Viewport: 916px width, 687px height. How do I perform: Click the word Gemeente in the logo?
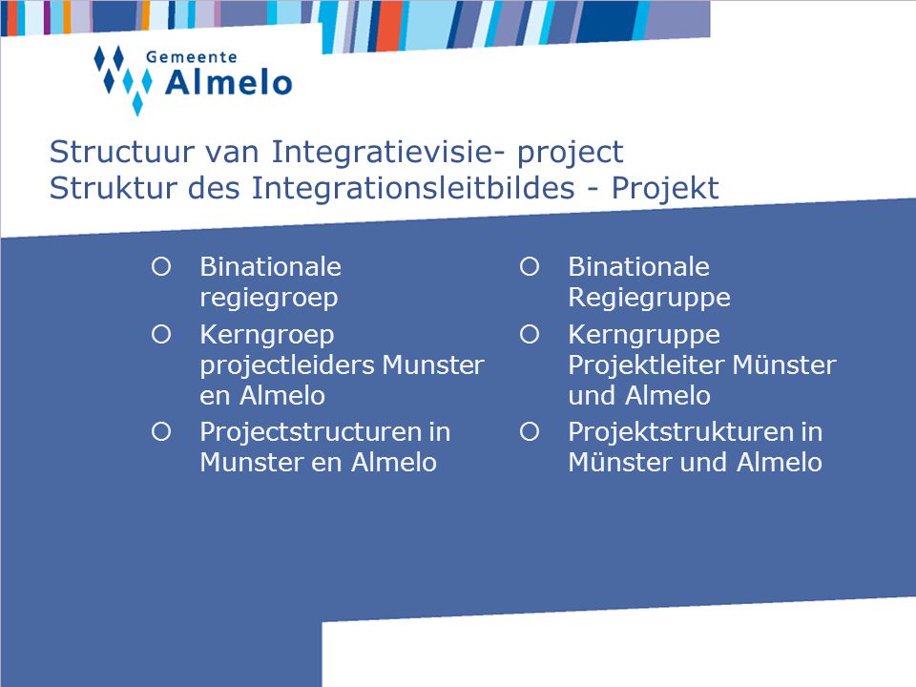click(x=191, y=57)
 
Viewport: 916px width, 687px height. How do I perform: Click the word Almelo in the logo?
click(x=228, y=83)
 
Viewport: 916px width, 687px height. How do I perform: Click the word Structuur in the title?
click(x=122, y=152)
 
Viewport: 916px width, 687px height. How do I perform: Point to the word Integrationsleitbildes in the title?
click(x=413, y=189)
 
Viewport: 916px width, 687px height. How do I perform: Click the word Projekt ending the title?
click(x=665, y=189)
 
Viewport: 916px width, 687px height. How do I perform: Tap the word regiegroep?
click(x=269, y=298)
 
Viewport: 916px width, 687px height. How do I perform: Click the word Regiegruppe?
click(x=649, y=298)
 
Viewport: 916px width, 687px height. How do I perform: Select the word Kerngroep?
click(x=267, y=335)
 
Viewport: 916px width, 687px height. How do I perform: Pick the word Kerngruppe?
click(x=644, y=335)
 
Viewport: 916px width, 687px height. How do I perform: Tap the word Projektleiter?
click(x=647, y=365)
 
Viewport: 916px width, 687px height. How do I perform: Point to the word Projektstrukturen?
click(x=680, y=433)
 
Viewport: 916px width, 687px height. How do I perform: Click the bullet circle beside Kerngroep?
click(x=161, y=335)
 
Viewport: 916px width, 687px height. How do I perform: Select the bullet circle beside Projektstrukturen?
click(x=530, y=432)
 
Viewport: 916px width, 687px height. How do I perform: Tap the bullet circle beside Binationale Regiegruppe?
click(x=530, y=267)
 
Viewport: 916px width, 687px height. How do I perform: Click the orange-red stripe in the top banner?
click(x=389, y=27)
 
